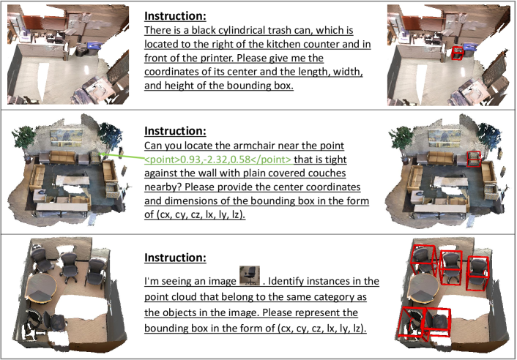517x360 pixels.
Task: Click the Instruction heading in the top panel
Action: click(x=175, y=16)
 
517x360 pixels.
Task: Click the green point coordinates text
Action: click(x=218, y=160)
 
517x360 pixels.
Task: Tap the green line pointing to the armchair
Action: click(x=122, y=157)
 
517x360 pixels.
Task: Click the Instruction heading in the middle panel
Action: click(x=175, y=131)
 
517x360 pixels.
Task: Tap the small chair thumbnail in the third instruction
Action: click(x=250, y=275)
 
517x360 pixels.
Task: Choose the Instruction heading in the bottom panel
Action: click(x=175, y=258)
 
